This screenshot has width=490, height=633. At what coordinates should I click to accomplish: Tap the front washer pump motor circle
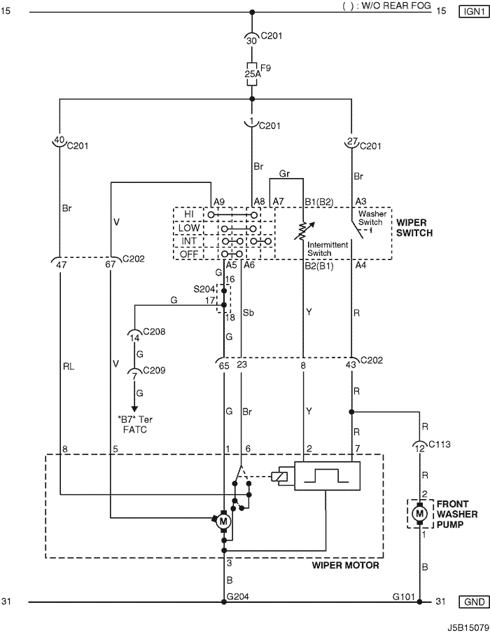(x=420, y=514)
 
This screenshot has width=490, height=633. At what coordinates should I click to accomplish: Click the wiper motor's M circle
(x=223, y=521)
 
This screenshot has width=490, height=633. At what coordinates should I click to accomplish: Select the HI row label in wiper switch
(x=189, y=213)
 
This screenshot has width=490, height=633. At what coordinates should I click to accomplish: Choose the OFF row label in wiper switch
(x=189, y=253)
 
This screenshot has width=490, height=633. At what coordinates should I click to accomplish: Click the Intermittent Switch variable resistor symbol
(x=303, y=229)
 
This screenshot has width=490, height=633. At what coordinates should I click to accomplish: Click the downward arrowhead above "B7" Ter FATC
(x=134, y=411)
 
